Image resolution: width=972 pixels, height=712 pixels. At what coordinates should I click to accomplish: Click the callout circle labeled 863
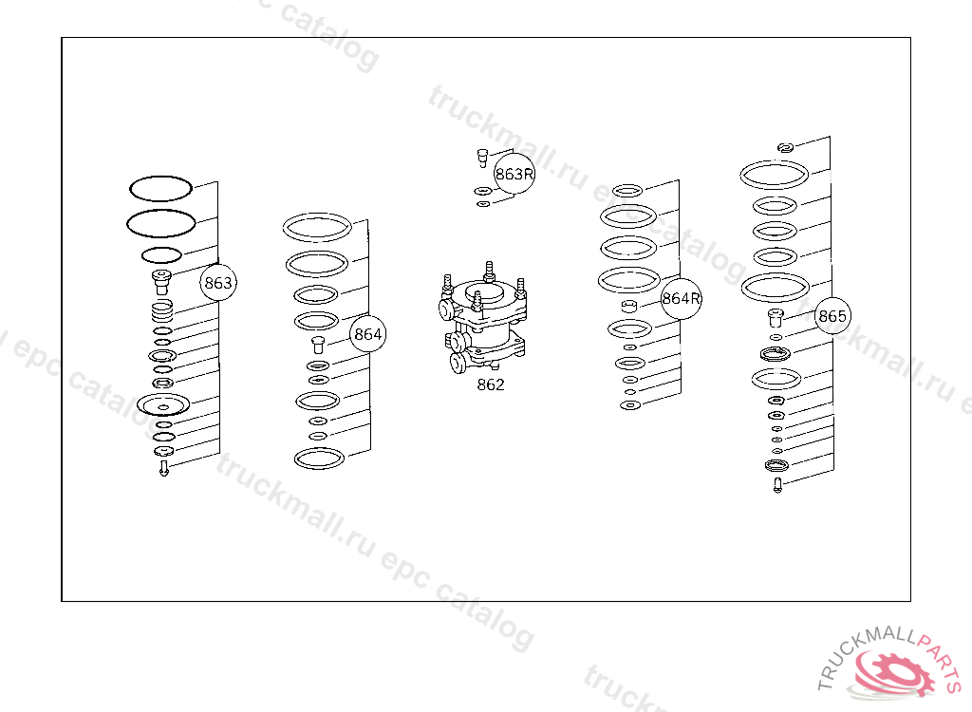click(218, 283)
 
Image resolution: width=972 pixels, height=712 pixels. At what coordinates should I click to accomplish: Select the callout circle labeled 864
click(367, 334)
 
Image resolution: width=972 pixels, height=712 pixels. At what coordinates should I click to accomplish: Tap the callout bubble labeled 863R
click(514, 174)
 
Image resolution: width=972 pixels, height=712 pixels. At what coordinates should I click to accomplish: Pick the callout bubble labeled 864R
click(681, 299)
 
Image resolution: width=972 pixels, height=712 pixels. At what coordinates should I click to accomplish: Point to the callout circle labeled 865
click(832, 316)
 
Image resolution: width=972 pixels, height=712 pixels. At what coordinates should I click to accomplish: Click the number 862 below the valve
click(491, 385)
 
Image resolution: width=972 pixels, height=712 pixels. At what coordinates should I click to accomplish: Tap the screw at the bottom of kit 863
click(163, 468)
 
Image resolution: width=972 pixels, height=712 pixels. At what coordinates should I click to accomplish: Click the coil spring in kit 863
click(161, 310)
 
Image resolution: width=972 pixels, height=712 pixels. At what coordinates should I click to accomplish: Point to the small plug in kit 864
click(318, 345)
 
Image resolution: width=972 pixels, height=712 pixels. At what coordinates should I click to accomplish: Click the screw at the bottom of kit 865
click(778, 486)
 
